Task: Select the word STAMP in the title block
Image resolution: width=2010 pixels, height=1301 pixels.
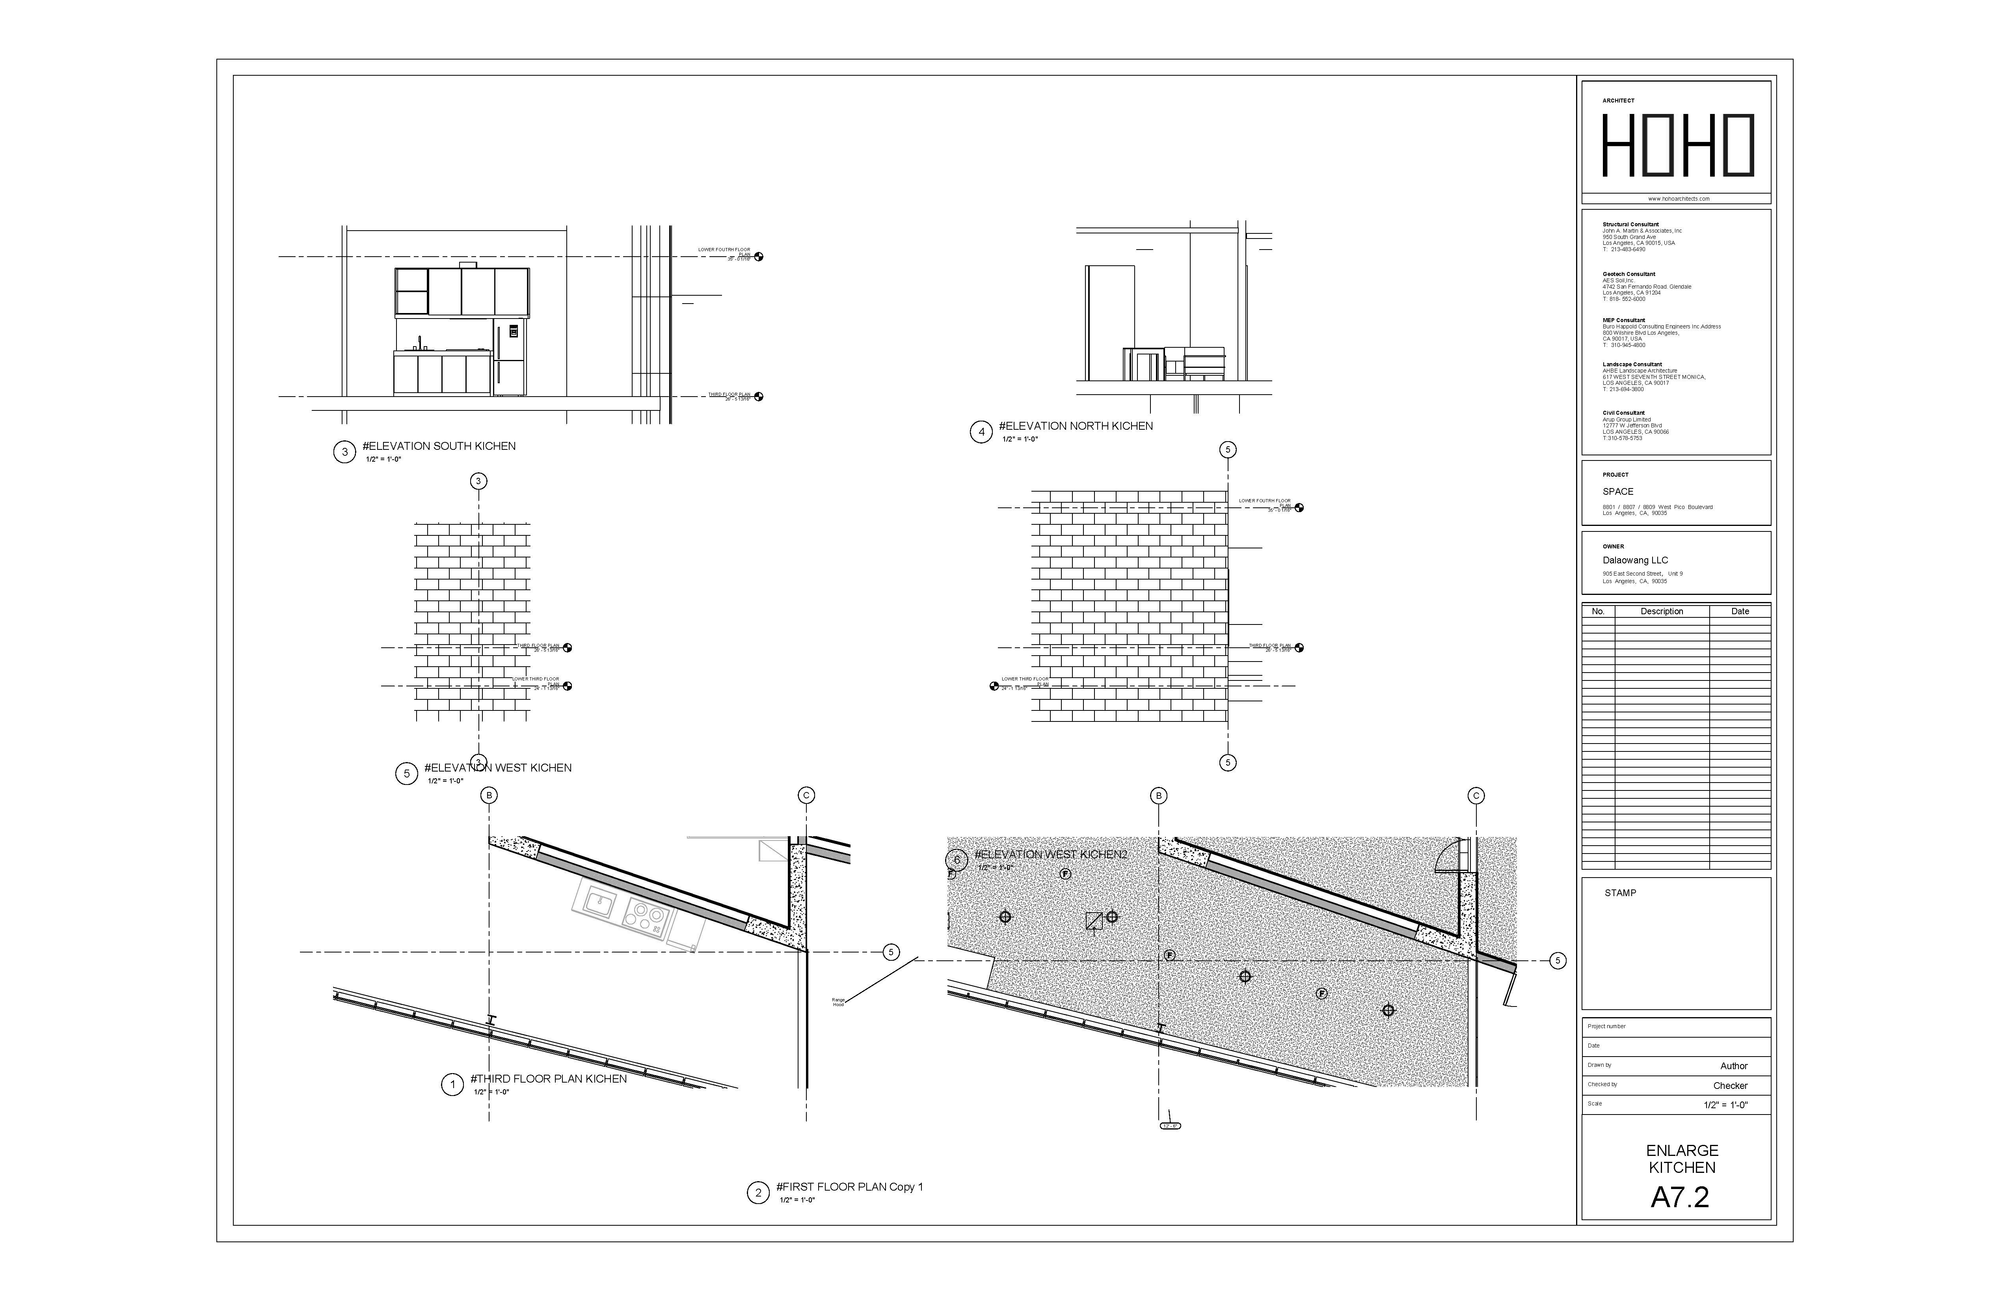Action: click(x=1620, y=893)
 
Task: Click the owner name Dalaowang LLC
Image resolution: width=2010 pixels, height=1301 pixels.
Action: click(x=1635, y=560)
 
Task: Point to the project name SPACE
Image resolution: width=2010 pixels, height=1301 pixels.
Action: click(x=1617, y=492)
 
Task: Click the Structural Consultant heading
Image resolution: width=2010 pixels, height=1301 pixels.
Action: click(x=1630, y=225)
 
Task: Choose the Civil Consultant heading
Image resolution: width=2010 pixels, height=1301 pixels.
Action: click(x=1623, y=413)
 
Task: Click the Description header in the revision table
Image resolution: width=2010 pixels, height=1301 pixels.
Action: click(x=1661, y=611)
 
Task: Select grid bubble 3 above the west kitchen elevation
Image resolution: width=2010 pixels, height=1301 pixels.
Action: click(x=479, y=481)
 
